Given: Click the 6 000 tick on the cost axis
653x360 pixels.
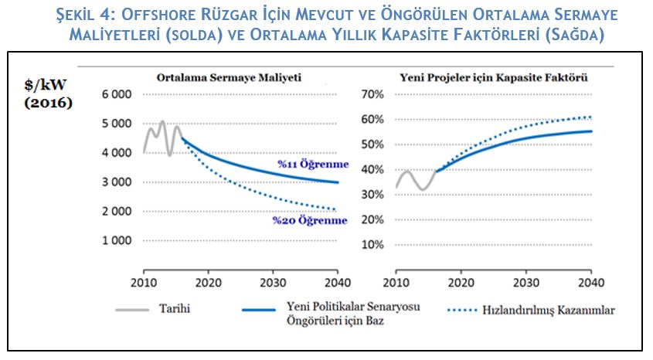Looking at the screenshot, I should [117, 94].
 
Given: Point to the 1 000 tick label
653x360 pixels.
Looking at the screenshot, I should [117, 240].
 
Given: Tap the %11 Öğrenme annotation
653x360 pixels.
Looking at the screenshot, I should [314, 165].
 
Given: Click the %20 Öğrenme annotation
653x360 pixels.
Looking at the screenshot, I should [309, 220].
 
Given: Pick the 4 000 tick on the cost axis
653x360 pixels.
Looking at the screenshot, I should [117, 152].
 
